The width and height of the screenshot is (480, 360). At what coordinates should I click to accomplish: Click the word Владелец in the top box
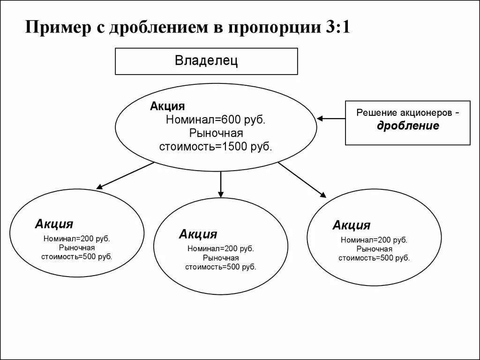(206, 61)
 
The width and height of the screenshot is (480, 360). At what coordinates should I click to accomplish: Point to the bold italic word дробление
(408, 126)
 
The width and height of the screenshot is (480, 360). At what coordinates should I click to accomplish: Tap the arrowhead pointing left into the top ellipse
(321, 119)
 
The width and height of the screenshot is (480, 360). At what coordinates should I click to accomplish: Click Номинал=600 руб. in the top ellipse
(216, 120)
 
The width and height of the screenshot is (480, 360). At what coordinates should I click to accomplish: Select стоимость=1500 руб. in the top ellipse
(216, 146)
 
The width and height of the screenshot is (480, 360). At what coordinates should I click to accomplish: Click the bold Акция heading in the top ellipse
(167, 106)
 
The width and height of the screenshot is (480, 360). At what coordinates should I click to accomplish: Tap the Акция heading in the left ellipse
(53, 224)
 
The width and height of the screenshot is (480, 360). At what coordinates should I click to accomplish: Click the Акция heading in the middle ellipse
(198, 234)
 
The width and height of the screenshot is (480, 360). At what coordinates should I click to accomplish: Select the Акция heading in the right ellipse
(351, 225)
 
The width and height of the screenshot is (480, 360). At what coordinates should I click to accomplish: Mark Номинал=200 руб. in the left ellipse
(77, 239)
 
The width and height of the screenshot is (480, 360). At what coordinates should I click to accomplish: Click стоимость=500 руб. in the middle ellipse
(221, 267)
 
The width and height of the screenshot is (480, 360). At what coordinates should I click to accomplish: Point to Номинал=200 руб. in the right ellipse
(374, 240)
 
